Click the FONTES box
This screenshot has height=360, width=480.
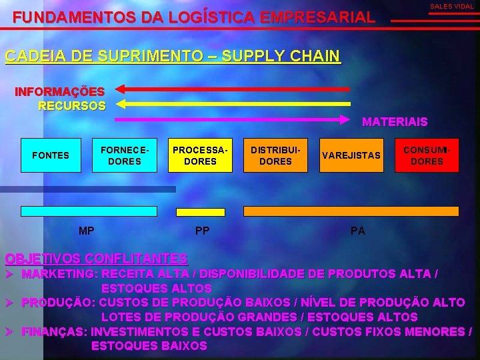[x=51, y=155]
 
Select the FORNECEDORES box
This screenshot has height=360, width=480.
[x=125, y=155]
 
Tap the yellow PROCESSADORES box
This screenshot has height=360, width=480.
[x=200, y=155]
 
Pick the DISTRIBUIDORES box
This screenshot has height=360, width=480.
[x=275, y=155]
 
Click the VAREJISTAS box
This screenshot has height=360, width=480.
[x=351, y=155]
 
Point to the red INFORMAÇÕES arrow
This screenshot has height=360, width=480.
[x=233, y=88]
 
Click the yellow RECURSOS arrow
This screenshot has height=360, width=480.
[x=233, y=103]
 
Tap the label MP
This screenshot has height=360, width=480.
[x=86, y=231]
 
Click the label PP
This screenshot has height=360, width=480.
[x=203, y=231]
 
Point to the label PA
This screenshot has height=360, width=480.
[x=358, y=231]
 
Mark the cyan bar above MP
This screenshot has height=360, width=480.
[x=89, y=211]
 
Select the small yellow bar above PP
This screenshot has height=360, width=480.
[x=191, y=211]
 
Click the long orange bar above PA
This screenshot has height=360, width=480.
[x=351, y=211]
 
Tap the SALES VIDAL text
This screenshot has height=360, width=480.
[x=451, y=6]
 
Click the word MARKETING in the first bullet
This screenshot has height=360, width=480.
[x=59, y=274]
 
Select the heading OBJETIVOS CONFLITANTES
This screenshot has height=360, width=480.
[x=96, y=258]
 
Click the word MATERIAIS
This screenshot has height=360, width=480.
[x=395, y=122]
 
